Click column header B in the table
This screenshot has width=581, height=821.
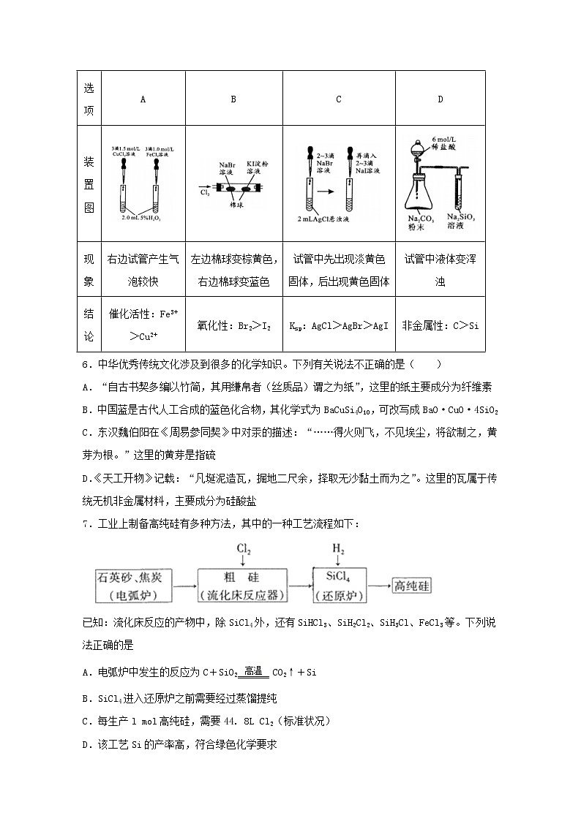(x=233, y=99)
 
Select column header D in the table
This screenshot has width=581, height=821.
(x=440, y=99)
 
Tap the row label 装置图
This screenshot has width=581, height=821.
(x=89, y=184)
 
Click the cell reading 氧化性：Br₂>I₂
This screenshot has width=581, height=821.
(x=233, y=325)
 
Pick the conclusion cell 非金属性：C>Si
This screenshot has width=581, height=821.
(x=440, y=325)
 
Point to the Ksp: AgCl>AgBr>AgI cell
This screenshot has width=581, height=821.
(x=338, y=325)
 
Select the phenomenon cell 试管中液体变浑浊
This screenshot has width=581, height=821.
(x=440, y=270)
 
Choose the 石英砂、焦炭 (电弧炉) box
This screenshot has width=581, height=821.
(x=133, y=585)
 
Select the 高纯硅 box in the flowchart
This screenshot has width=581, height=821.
(x=412, y=585)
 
